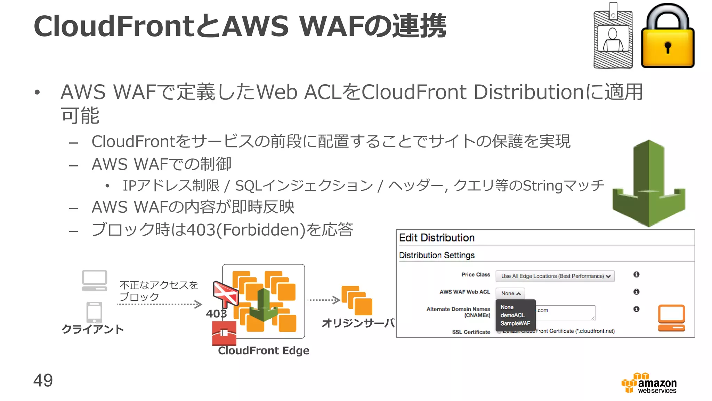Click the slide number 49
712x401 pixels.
(x=43, y=380)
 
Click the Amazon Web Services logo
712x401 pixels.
(x=649, y=384)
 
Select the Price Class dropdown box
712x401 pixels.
(x=555, y=276)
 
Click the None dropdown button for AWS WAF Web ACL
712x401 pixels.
(x=510, y=293)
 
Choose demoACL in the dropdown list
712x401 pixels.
(x=512, y=315)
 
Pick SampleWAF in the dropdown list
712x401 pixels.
(x=515, y=323)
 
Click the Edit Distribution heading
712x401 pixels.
(x=437, y=238)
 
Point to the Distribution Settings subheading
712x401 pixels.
(x=437, y=255)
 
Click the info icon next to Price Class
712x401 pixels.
(x=636, y=274)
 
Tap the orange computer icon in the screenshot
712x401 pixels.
(x=671, y=318)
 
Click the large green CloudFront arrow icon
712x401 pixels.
(x=648, y=183)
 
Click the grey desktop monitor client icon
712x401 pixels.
(x=94, y=280)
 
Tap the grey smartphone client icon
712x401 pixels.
(x=94, y=312)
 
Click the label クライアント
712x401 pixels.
(x=92, y=329)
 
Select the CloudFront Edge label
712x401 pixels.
(x=264, y=351)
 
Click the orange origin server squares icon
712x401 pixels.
(x=357, y=300)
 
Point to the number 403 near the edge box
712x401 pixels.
(x=216, y=314)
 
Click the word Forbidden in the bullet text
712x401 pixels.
(x=261, y=230)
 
